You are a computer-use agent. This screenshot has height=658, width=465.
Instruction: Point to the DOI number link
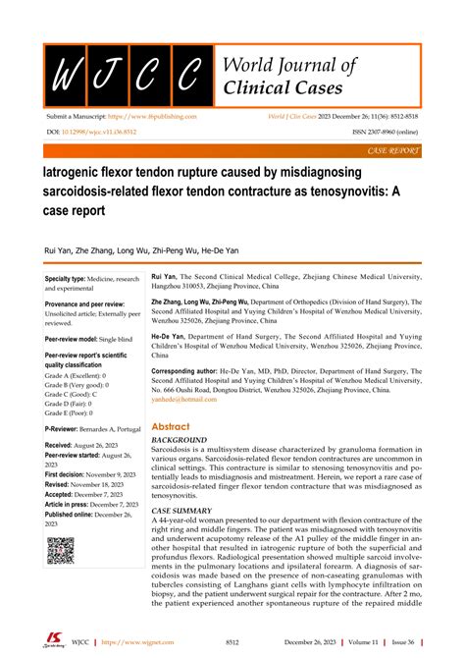[86, 131]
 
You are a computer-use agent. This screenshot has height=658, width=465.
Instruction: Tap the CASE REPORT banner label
[393, 150]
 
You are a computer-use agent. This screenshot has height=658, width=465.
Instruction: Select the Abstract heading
[171, 427]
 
